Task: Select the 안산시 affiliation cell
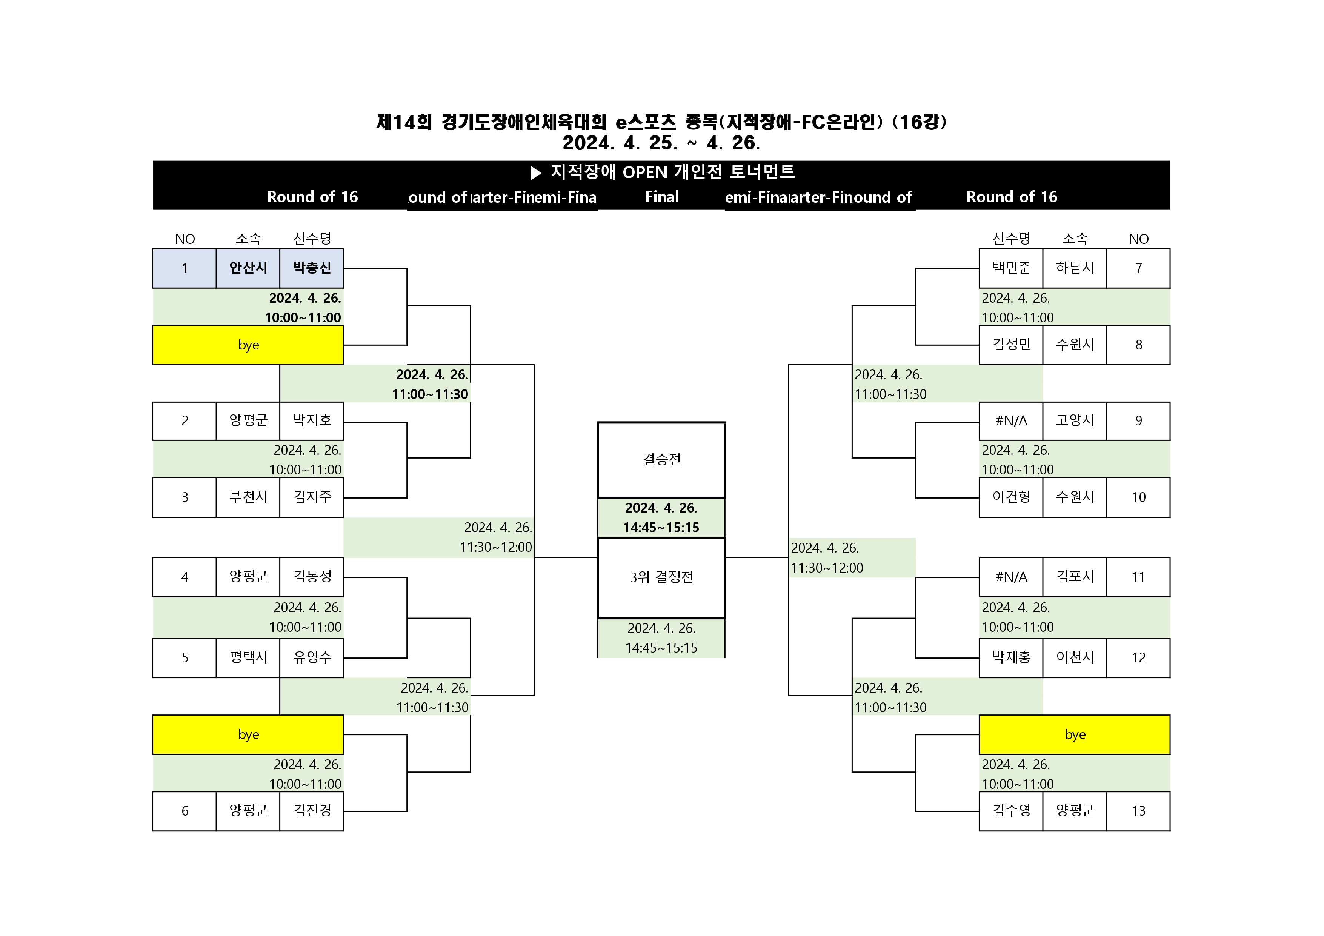(x=248, y=268)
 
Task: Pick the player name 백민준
(x=1011, y=268)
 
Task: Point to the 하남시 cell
(x=1074, y=268)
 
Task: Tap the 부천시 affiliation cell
(x=248, y=497)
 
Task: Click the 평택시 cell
(x=248, y=657)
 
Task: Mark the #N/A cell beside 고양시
(x=1011, y=421)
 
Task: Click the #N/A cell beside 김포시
(x=1011, y=577)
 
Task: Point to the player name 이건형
(x=1011, y=497)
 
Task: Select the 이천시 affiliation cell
(x=1074, y=657)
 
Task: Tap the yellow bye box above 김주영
(x=1074, y=735)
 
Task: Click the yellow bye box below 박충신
(x=248, y=345)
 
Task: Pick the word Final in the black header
(x=661, y=197)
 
